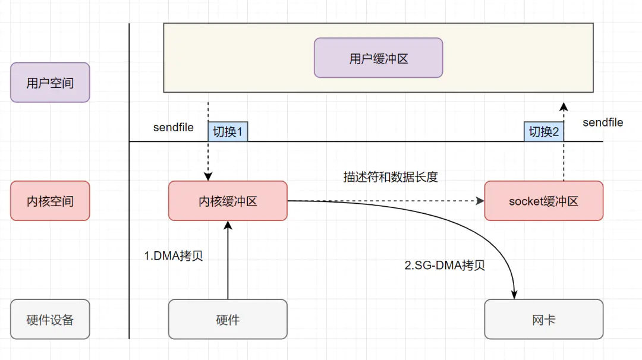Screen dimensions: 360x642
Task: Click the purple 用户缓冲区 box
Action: click(378, 58)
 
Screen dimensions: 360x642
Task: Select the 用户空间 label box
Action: click(50, 83)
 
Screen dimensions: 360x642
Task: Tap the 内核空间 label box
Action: click(50, 201)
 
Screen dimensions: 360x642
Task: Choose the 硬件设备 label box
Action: click(50, 320)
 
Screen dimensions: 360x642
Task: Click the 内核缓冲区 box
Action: click(228, 201)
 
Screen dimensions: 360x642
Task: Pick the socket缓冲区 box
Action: click(543, 201)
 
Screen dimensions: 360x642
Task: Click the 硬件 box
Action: click(228, 320)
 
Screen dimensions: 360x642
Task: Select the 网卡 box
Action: click(543, 320)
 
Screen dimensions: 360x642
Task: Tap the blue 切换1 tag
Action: click(228, 131)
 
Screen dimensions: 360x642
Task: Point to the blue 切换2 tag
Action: click(543, 131)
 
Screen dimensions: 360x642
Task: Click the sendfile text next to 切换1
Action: click(173, 128)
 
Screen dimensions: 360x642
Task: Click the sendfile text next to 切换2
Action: click(603, 122)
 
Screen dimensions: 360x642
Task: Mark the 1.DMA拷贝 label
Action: click(174, 256)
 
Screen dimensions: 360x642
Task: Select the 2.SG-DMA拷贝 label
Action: click(445, 266)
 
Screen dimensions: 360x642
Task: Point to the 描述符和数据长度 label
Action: click(391, 177)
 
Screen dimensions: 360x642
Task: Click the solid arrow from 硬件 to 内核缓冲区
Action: click(228, 261)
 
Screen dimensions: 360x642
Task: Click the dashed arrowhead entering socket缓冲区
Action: click(480, 201)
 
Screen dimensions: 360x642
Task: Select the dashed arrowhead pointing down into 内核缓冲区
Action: click(208, 176)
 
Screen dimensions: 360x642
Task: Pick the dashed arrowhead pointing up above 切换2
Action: click(564, 107)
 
